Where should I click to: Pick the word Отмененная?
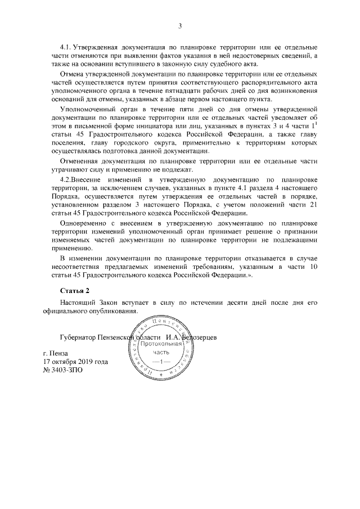tap(80, 161)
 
